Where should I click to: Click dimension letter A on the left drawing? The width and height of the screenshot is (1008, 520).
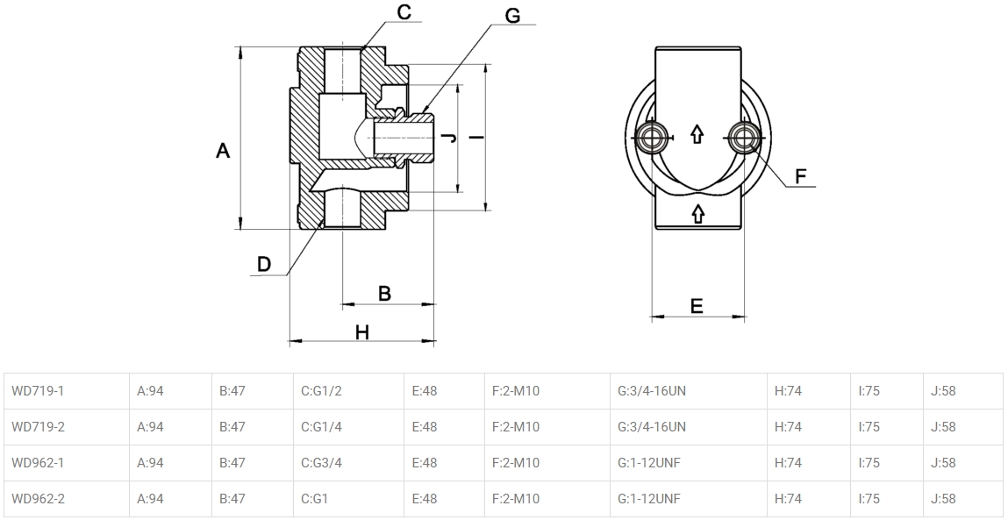(223, 151)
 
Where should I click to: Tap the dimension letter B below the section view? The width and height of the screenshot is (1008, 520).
(384, 293)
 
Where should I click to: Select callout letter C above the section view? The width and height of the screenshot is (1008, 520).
(404, 12)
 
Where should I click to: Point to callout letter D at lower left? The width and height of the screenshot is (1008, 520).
(264, 263)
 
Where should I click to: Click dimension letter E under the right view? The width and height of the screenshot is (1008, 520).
(697, 306)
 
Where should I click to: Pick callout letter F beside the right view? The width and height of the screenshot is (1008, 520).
(800, 175)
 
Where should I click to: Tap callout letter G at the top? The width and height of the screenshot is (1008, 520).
(512, 16)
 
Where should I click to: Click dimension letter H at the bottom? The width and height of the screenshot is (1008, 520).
(361, 331)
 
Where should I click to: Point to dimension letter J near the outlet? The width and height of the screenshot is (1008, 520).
(447, 138)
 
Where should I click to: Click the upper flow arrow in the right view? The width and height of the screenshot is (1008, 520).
(697, 134)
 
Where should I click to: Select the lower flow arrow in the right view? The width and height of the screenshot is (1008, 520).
(698, 213)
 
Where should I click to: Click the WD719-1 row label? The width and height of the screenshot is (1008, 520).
(39, 391)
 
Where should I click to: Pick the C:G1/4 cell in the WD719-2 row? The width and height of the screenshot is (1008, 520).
(321, 427)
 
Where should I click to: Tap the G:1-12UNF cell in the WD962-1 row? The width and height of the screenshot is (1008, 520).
(649, 463)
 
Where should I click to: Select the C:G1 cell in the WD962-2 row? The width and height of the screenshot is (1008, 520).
(315, 499)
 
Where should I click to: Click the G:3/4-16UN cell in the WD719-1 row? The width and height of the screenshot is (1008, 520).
(652, 391)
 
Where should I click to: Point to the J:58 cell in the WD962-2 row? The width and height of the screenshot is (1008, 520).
(943, 499)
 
